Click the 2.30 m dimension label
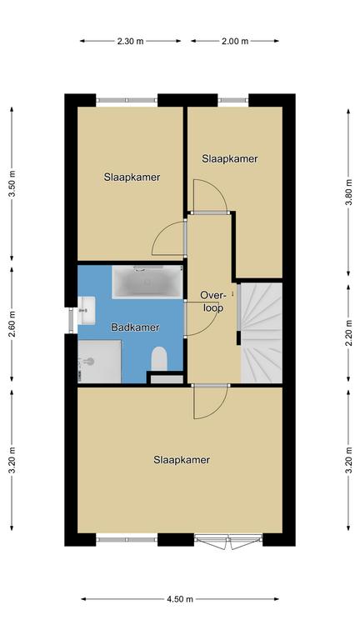pos(130,41)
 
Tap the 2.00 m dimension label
pos(235,41)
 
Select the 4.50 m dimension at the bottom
pos(180,599)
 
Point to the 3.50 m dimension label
pos(12,183)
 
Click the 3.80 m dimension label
pos(348,192)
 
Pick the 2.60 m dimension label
pos(12,324)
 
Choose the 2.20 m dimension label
pos(348,332)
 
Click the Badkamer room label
pos(135,327)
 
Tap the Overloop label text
pos(213,302)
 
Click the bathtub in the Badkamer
pos(147,282)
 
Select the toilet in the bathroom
pos(159,359)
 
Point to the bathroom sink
pos(86,311)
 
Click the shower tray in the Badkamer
pos(100,362)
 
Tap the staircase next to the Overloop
pos(261,332)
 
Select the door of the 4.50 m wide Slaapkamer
pos(210,402)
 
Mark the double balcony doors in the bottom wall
pos(228,541)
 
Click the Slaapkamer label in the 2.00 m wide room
pos(230,159)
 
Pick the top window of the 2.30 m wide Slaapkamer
pos(127,100)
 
